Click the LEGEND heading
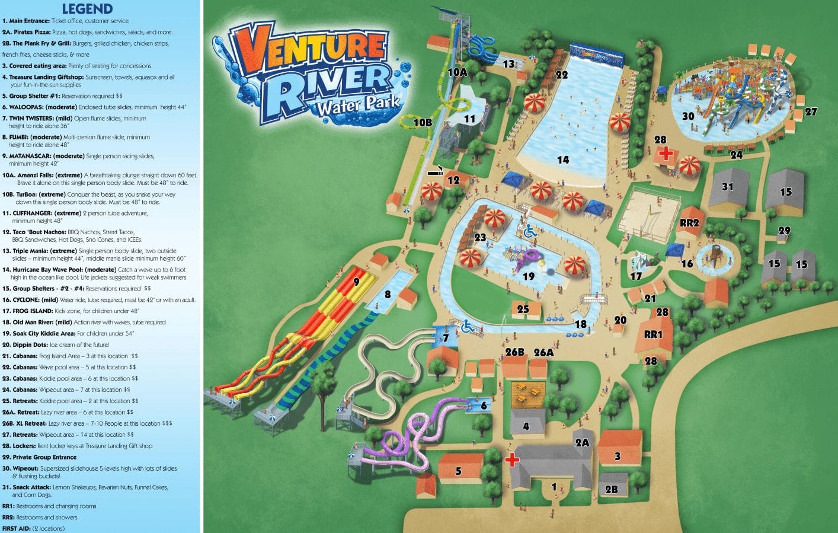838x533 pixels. click(87, 9)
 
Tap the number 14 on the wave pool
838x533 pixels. click(563, 159)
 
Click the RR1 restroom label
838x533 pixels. click(653, 334)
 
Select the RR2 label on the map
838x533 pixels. click(689, 223)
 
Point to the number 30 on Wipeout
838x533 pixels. click(688, 116)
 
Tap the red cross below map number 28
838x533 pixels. click(666, 154)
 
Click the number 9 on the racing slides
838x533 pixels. click(356, 282)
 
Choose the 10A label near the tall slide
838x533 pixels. click(457, 72)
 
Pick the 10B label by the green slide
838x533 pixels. click(423, 123)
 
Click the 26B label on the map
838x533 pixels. click(515, 352)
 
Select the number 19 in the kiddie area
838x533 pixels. click(529, 276)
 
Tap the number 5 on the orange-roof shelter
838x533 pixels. click(458, 471)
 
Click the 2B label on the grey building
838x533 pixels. click(612, 489)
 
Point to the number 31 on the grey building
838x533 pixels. click(728, 187)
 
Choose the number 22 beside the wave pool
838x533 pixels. click(561, 75)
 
